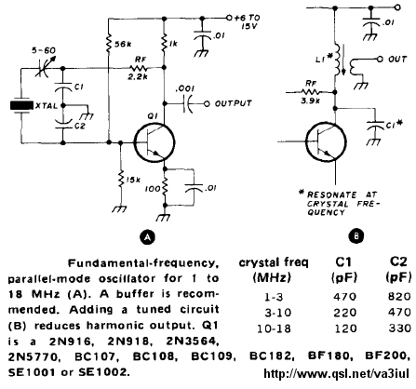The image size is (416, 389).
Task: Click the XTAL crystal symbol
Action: pos(21,106)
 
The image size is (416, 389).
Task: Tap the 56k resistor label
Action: pos(123,45)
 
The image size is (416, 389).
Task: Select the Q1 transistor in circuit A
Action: pos(154,142)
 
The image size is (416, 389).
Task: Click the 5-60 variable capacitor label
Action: pos(44,50)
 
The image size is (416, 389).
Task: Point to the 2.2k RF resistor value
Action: pos(138,77)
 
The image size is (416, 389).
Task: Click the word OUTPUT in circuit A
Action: pos(233,103)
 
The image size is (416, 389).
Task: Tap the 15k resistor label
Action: pos(132,180)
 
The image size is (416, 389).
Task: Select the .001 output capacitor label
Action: pos(184,88)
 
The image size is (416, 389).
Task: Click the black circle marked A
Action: pos(147,237)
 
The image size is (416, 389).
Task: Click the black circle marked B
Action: pos(356,236)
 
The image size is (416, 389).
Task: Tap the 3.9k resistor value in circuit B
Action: pos(310,101)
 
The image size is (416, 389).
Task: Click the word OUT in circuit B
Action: pos(397,59)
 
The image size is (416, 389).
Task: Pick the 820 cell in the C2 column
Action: pos(399,297)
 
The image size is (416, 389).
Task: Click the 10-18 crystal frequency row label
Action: pos(274,329)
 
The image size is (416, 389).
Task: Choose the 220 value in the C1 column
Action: pos(344,313)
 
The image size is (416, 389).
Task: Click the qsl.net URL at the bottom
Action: pos(336,373)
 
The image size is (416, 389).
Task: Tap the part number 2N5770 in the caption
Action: pos(34,357)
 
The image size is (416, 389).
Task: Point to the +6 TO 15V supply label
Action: pos(247,21)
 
